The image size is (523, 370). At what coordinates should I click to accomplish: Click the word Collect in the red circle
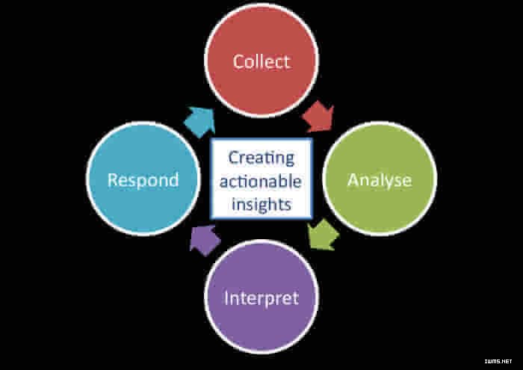[261, 61]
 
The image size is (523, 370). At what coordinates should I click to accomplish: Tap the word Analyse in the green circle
[380, 181]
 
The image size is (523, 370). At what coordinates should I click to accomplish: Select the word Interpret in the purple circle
[261, 298]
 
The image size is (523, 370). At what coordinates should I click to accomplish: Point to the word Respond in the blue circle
[143, 180]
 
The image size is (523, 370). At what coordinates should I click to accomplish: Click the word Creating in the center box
[261, 158]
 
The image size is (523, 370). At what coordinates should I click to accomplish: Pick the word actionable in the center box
[261, 181]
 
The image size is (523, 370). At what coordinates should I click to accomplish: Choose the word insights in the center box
[261, 203]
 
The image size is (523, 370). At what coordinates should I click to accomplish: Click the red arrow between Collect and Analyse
[318, 116]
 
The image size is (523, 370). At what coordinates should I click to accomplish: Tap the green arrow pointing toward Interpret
[323, 235]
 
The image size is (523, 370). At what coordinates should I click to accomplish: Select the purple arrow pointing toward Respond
[205, 240]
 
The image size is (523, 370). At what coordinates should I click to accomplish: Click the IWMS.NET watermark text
[498, 361]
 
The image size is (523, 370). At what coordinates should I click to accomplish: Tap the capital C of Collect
[238, 62]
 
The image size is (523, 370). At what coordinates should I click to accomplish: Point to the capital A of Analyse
[353, 180]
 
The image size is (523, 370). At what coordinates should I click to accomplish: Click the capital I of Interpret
[226, 298]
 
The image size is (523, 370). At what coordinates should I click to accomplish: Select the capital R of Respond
[113, 180]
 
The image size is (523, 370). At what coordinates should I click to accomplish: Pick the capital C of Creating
[234, 158]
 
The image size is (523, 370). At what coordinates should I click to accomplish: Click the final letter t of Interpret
[295, 298]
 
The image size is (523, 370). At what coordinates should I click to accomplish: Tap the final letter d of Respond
[173, 180]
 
